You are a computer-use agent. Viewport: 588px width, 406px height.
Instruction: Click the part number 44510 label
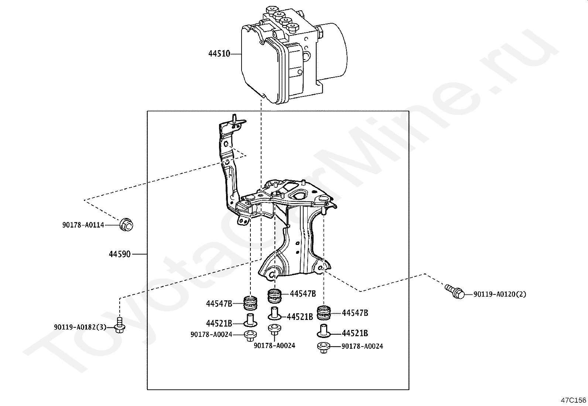(219, 54)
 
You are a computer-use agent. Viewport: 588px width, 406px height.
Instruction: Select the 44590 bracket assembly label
(120, 254)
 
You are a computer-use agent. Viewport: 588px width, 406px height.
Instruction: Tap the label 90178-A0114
(83, 225)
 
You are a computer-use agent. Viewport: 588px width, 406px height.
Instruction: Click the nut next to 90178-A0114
(126, 225)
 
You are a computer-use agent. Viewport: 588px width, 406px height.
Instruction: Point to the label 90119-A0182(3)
(80, 327)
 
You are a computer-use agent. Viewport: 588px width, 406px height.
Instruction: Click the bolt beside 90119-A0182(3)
(120, 325)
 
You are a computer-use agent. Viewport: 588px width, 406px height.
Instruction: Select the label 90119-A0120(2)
(500, 294)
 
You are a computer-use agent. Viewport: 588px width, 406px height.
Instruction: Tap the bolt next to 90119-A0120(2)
(455, 291)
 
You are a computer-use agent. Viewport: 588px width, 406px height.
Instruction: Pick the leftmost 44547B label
(219, 304)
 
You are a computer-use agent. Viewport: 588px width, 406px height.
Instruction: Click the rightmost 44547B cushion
(324, 313)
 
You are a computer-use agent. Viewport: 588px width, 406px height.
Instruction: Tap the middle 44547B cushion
(274, 296)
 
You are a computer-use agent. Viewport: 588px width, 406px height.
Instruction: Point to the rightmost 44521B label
(355, 333)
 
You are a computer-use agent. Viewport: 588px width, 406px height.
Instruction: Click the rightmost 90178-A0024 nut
(324, 348)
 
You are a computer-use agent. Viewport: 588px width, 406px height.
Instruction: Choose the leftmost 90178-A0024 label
(211, 335)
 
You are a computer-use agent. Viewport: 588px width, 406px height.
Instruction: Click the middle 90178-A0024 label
(274, 346)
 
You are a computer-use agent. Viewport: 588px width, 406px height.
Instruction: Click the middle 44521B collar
(274, 313)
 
